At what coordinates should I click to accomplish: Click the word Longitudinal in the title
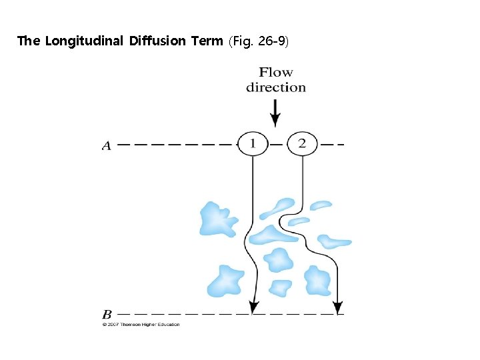pos(86,41)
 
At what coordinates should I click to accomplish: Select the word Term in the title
pos(207,41)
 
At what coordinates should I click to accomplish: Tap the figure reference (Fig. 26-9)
pos(258,41)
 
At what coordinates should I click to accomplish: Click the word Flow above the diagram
pos(276,72)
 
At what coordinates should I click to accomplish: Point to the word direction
pos(276,87)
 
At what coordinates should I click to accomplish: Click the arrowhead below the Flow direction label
pos(275,121)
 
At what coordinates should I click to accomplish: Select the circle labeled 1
pos(252,143)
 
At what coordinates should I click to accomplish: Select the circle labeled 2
pos(302,143)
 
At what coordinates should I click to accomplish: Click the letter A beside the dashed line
pos(107,145)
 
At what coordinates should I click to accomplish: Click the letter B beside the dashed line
pos(107,314)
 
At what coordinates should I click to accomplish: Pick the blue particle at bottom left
pos(225,280)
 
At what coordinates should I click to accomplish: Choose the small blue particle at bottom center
pos(280,287)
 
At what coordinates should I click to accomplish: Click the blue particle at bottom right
pos(317,281)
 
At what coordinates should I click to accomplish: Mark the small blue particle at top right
pos(321,205)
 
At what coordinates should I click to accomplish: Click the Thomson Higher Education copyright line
pos(141,325)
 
